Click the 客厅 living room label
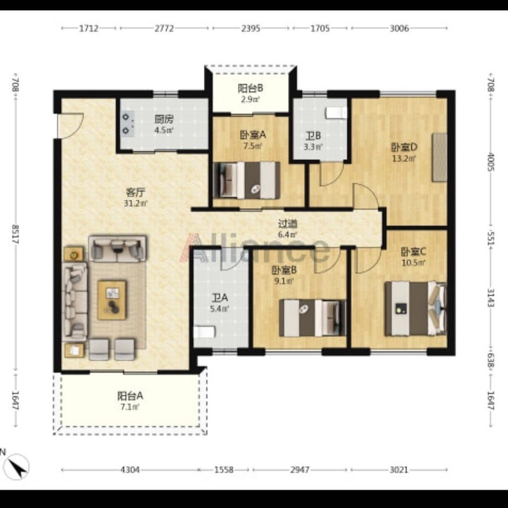[135, 192]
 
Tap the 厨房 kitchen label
[164, 119]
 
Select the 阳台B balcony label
[250, 88]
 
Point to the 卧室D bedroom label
[404, 147]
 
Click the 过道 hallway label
[288, 224]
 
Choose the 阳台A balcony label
[130, 396]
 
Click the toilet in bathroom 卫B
[337, 113]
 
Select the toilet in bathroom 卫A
[204, 332]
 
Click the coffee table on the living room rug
[112, 300]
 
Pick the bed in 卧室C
[416, 309]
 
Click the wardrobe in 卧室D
[439, 157]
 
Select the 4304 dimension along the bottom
[130, 469]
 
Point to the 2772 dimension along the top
[164, 29]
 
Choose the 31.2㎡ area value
[136, 203]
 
